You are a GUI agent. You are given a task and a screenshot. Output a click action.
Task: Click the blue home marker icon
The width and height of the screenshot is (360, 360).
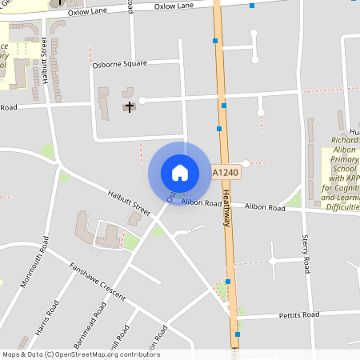pos(180,172)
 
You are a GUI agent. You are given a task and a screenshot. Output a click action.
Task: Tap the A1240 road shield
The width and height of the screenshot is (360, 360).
pos(226,172)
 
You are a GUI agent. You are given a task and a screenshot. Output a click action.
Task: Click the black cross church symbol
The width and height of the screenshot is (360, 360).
pos(129,106)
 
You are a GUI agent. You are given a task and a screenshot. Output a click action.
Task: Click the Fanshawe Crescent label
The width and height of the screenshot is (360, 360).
pos(98,282)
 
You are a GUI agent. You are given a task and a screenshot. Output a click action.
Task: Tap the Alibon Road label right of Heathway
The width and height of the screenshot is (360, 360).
pos(266,208)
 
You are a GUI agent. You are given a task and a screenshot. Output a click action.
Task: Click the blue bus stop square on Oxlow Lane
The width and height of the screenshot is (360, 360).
pos(252,6)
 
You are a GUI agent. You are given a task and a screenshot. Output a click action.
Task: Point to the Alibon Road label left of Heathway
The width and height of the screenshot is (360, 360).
pos(201,203)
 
